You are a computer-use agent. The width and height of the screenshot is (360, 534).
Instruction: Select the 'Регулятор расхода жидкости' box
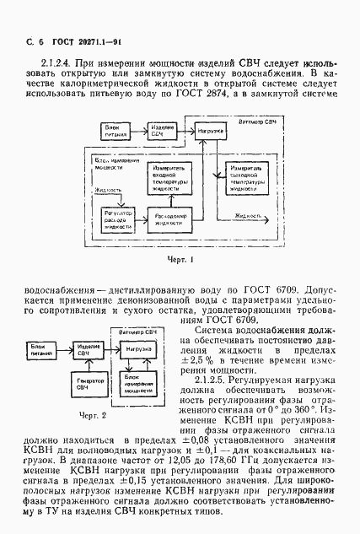117,220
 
